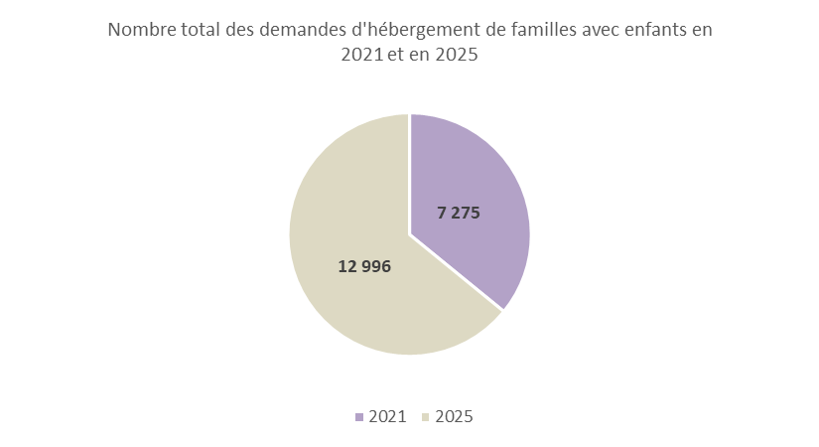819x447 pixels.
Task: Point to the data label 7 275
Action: point(459,213)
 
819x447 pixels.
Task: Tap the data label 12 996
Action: point(364,266)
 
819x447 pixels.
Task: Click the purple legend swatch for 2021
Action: point(358,417)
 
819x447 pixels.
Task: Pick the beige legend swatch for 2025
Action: point(425,417)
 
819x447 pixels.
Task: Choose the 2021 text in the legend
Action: point(387,417)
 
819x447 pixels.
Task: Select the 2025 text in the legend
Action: point(454,417)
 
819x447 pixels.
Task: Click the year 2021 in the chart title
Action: point(362,56)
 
